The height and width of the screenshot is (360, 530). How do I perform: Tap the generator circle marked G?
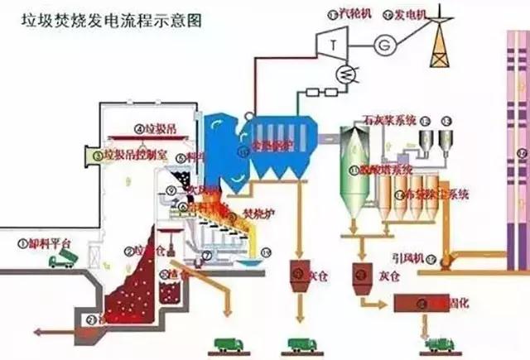tap(385, 42)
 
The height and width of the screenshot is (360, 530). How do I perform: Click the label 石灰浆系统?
tap(390, 120)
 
